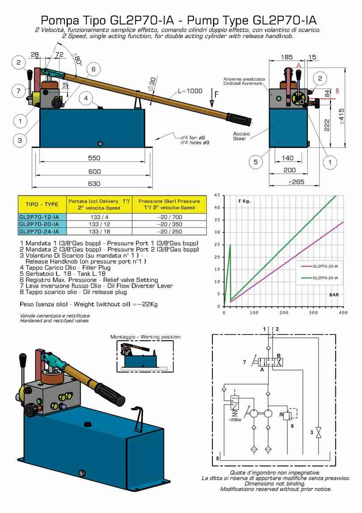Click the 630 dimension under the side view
click(94, 184)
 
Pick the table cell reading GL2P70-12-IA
click(39, 217)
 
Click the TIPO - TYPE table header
click(42, 204)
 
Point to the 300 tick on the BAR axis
click(313, 313)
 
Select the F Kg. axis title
click(244, 201)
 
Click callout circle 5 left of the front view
click(255, 162)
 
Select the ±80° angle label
click(77, 58)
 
